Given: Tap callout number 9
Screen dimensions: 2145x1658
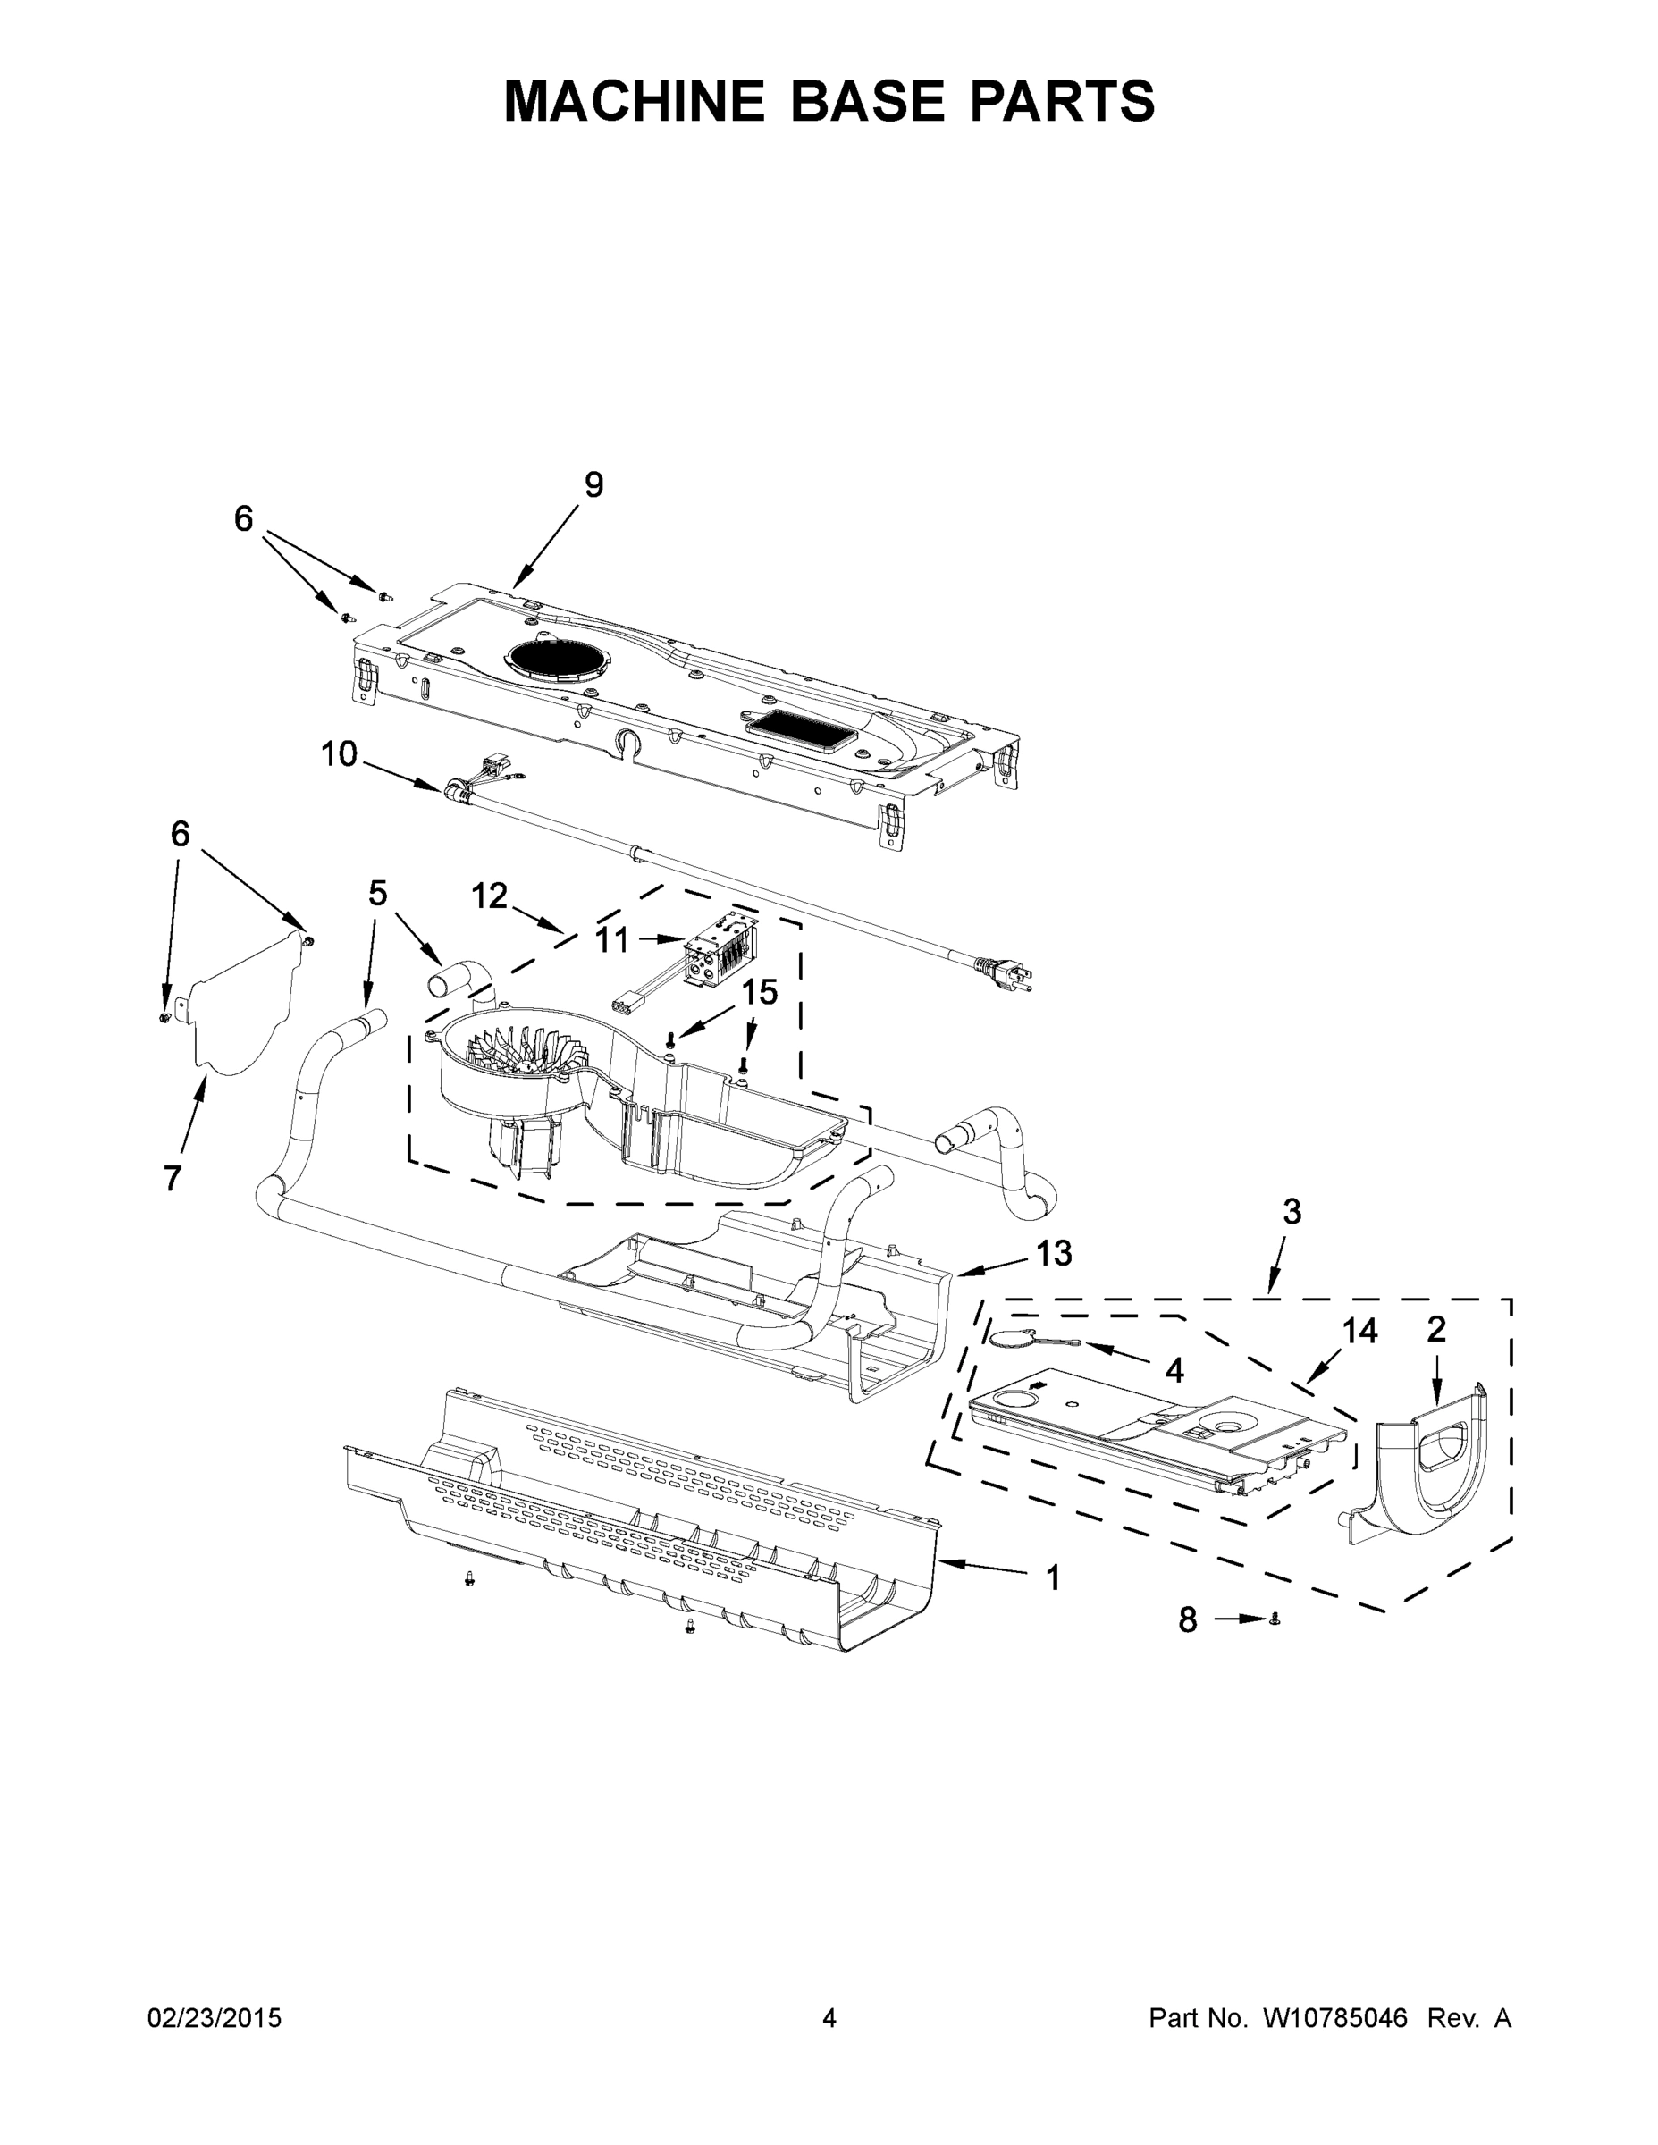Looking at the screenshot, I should click(x=593, y=485).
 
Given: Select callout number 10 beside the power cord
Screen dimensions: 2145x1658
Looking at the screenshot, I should click(x=339, y=754).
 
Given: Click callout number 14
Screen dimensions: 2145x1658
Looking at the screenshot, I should click(x=1359, y=1331).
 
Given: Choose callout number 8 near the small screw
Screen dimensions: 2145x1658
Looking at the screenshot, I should click(x=1188, y=1620).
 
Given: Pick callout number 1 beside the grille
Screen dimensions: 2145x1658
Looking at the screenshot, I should click(x=1053, y=1578).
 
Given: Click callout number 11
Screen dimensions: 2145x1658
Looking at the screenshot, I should click(x=611, y=940).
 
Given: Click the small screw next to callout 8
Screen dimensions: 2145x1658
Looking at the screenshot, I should click(x=1274, y=1619).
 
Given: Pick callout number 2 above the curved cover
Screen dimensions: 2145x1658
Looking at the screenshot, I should click(x=1436, y=1330).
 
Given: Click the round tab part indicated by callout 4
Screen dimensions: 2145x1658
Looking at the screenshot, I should click(x=1009, y=1337).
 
